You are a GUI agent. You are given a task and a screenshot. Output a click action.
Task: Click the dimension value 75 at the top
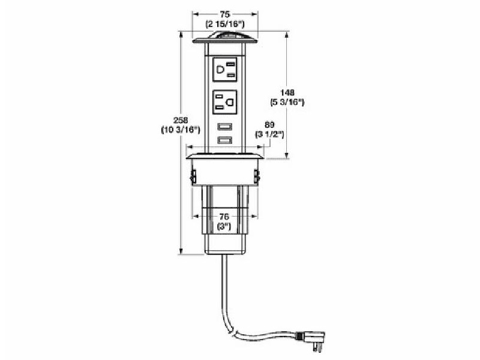pos(225,13)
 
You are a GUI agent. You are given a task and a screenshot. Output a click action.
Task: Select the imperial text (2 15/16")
pos(225,23)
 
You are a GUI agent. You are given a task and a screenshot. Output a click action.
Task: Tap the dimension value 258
pos(172,119)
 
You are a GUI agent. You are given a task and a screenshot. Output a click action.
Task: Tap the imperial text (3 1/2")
pos(269,135)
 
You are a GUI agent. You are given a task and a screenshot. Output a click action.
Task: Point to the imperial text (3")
pos(224,227)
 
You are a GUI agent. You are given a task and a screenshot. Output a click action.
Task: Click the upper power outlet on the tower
pos(224,70)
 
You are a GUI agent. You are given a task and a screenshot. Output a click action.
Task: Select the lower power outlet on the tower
pos(224,101)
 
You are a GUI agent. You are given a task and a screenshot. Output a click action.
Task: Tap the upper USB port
pos(225,127)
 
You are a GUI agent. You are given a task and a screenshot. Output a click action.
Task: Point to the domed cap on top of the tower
pos(225,40)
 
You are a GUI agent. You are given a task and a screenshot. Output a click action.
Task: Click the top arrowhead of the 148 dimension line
pos(286,35)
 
